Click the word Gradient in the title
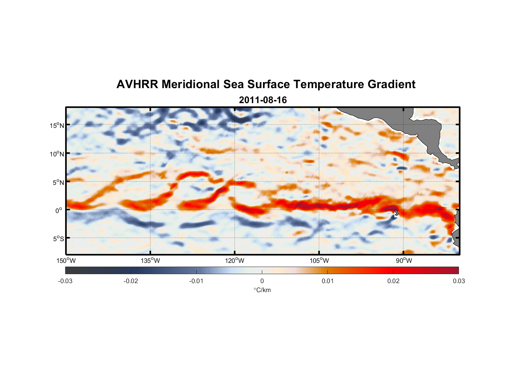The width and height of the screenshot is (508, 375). pos(391,84)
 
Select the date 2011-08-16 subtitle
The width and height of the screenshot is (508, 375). pos(263,100)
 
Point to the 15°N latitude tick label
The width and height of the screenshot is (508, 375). pos(57,125)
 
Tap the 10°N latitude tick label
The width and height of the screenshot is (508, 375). pos(57,154)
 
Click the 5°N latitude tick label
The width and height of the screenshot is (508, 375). pos(58,182)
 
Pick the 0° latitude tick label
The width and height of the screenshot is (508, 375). pos(59,210)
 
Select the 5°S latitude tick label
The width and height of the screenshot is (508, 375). pos(58,238)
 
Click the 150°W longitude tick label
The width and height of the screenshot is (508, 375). pos(66,261)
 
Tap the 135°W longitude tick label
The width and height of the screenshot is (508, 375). pos(150,261)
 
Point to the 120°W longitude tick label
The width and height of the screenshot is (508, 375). pos(235,261)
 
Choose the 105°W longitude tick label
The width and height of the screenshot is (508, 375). pos(319,261)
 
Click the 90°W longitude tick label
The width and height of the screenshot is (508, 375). pos(403,261)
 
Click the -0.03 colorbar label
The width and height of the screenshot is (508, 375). pos(65,281)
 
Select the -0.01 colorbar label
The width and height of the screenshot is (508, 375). pos(196,281)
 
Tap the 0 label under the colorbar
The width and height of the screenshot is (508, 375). pos(262,281)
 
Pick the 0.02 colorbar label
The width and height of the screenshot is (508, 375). pos(393,281)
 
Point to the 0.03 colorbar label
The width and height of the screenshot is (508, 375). pos(459,281)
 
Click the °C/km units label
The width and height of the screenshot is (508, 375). pos(262,290)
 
